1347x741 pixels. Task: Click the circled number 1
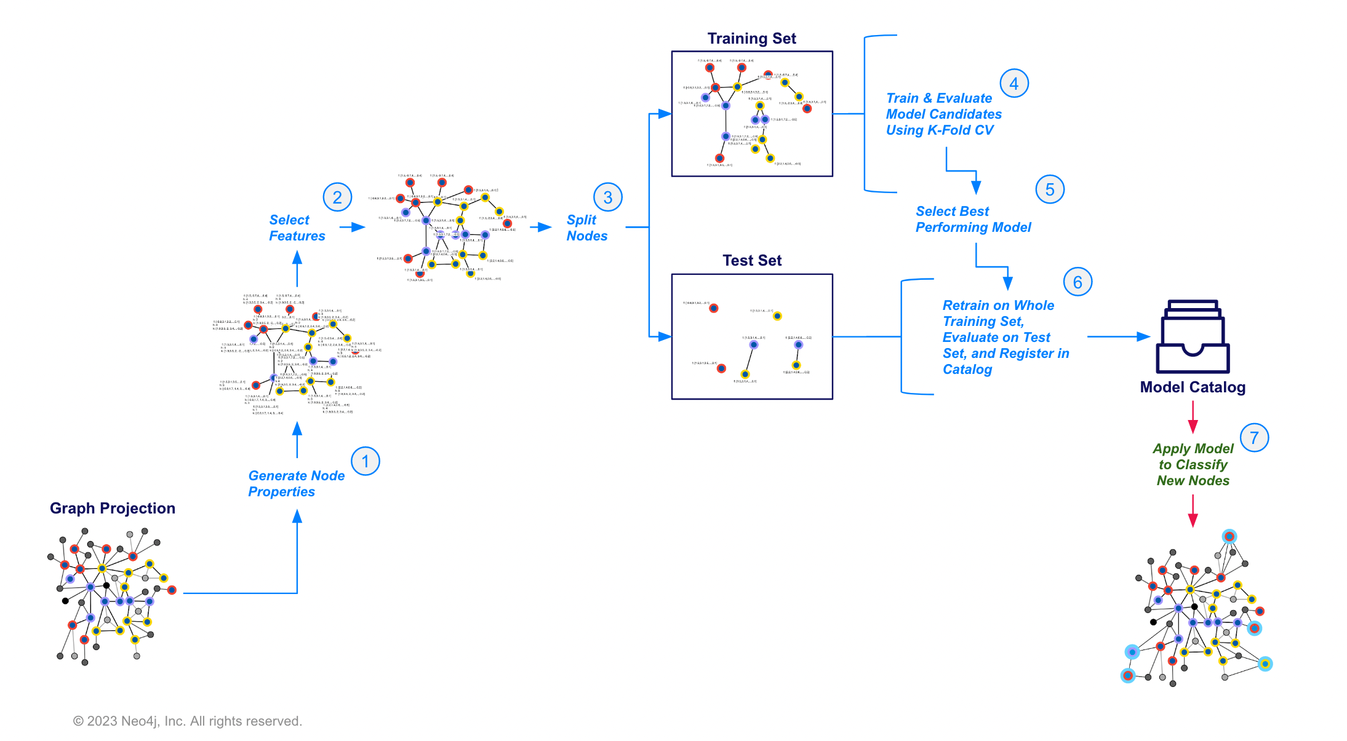tap(365, 461)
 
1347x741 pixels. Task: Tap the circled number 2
tap(337, 197)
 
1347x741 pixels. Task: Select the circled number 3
tap(607, 197)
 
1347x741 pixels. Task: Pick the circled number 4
tap(1013, 84)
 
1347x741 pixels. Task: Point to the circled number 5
tap(1049, 189)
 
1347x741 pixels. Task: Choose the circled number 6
tap(1077, 282)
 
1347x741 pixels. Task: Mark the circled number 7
tap(1254, 438)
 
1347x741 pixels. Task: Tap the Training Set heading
tap(751, 39)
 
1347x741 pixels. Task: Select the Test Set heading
tap(751, 261)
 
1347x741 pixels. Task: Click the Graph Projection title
tap(113, 509)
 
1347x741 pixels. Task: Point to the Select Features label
tap(297, 228)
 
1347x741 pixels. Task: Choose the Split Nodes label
tap(586, 228)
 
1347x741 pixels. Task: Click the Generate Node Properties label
tap(296, 484)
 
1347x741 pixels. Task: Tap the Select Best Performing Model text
tap(973, 220)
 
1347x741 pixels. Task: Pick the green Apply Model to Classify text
tap(1193, 465)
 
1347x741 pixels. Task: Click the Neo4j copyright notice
tap(188, 721)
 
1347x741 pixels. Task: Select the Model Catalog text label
tap(1193, 387)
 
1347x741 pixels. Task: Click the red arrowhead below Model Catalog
tap(1193, 427)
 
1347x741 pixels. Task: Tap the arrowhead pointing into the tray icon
tap(1143, 337)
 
